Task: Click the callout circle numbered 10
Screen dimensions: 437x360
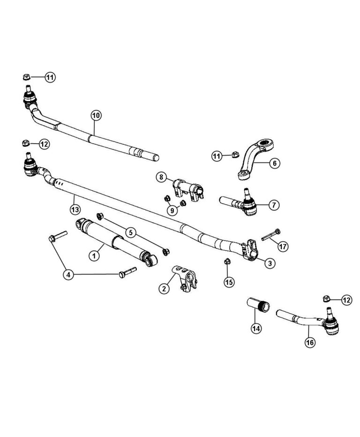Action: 95,115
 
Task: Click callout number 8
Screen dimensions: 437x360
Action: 161,177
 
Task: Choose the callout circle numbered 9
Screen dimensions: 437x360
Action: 173,210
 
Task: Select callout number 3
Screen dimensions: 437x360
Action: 270,263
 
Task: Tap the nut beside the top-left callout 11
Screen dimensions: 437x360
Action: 27,76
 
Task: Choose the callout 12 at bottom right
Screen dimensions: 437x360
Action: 346,300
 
